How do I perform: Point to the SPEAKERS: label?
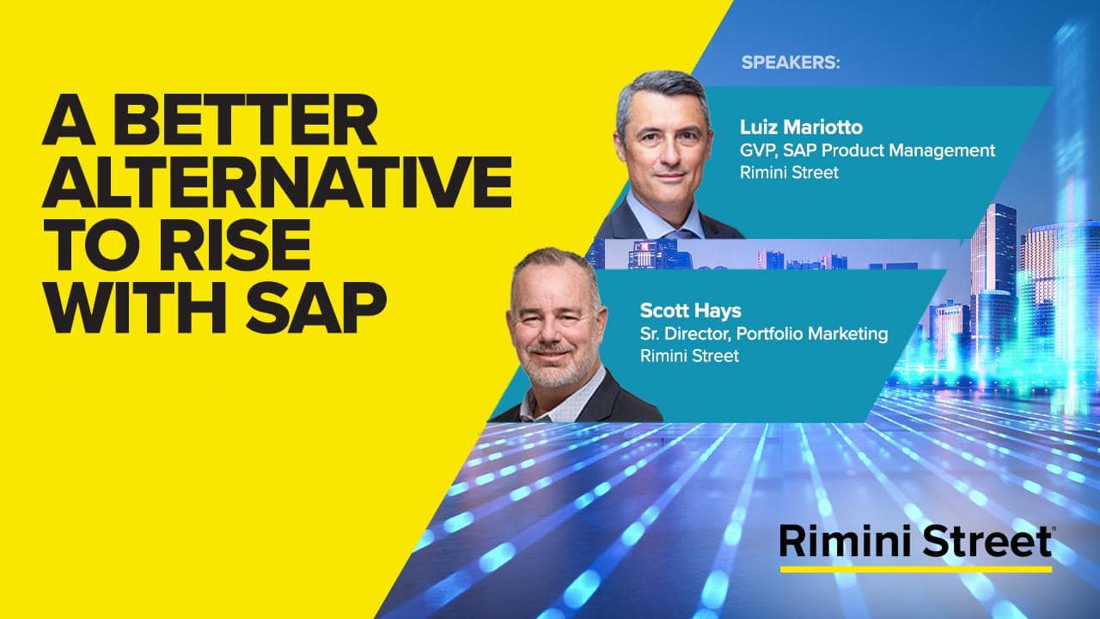(790, 63)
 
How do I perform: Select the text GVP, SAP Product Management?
(867, 150)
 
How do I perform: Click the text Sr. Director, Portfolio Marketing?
(764, 334)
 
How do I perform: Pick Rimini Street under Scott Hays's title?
(689, 356)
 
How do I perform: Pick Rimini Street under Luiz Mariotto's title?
(789, 172)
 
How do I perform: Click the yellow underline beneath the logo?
(915, 568)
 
